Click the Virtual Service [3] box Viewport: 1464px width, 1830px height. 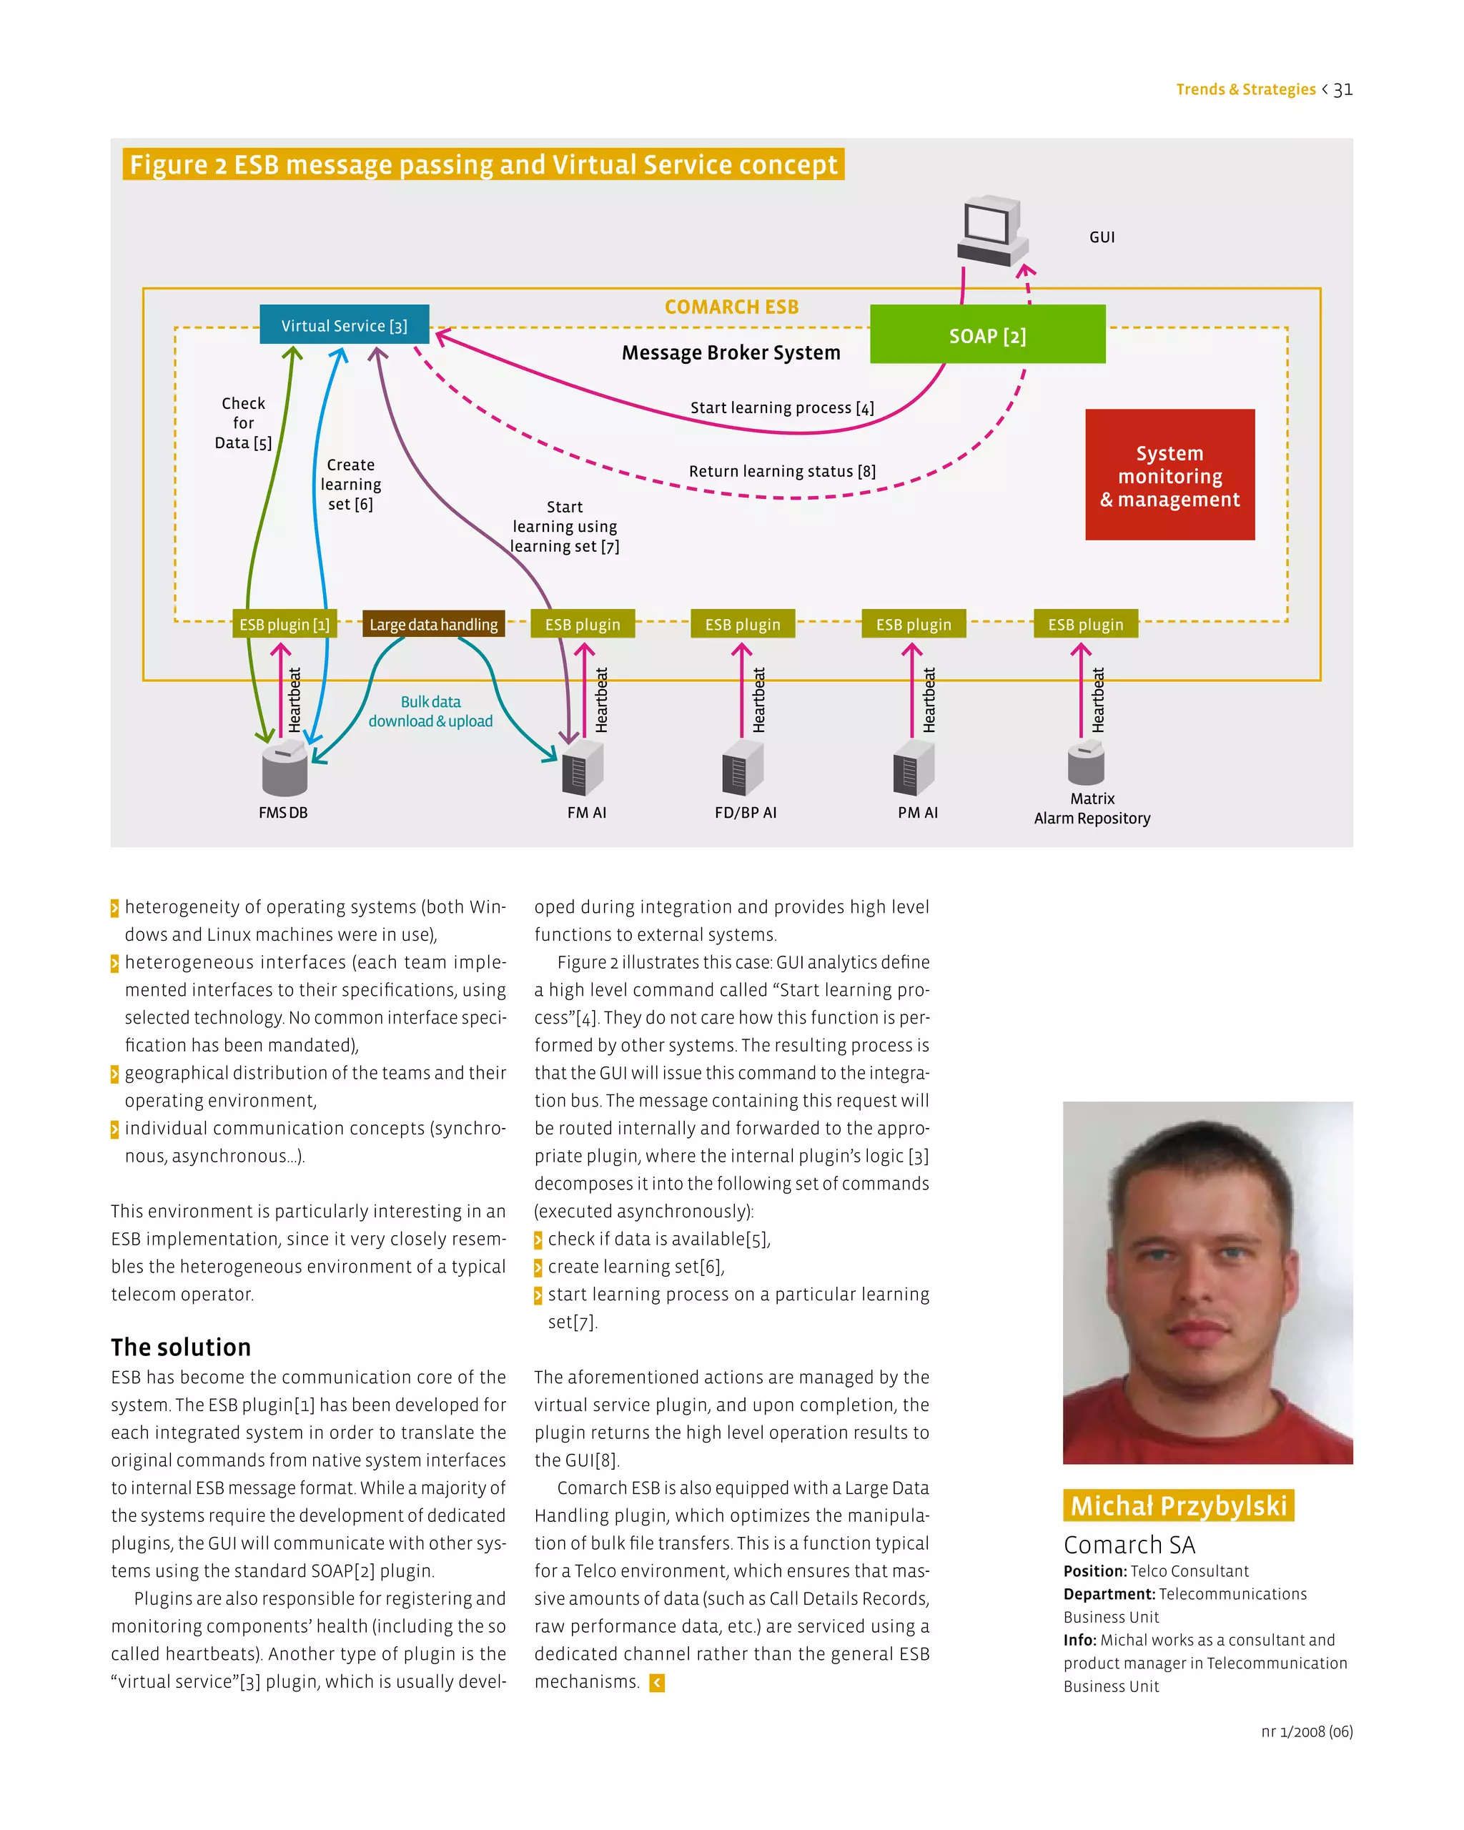tap(344, 325)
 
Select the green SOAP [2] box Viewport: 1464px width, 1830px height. tap(987, 335)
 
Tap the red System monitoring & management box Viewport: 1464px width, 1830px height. tap(1169, 475)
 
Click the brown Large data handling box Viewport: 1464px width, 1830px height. tap(432, 625)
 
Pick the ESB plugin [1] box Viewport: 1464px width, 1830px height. tap(285, 625)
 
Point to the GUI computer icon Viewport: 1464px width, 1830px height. tap(991, 232)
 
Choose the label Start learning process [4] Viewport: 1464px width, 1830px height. tap(781, 408)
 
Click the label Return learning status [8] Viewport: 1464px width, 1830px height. tap(781, 471)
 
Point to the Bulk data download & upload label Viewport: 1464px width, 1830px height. tap(430, 711)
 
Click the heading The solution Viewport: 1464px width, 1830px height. tap(181, 1347)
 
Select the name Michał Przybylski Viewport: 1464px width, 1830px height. tap(1178, 1505)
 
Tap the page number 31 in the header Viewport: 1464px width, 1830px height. tap(1342, 90)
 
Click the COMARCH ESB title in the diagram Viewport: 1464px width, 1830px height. tap(731, 307)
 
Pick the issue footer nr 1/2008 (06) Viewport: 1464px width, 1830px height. tap(1306, 1731)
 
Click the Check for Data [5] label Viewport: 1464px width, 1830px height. tap(244, 422)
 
